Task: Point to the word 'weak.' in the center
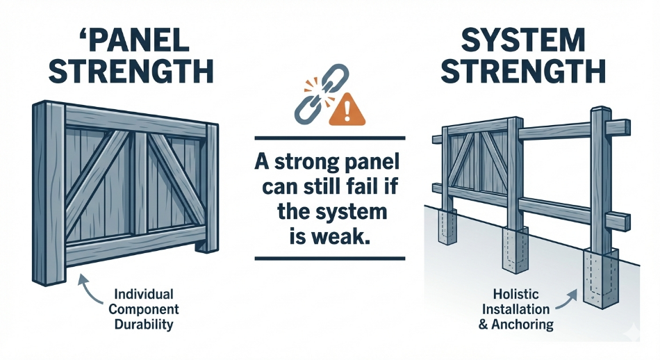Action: click(341, 235)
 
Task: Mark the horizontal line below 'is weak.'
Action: click(329, 259)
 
